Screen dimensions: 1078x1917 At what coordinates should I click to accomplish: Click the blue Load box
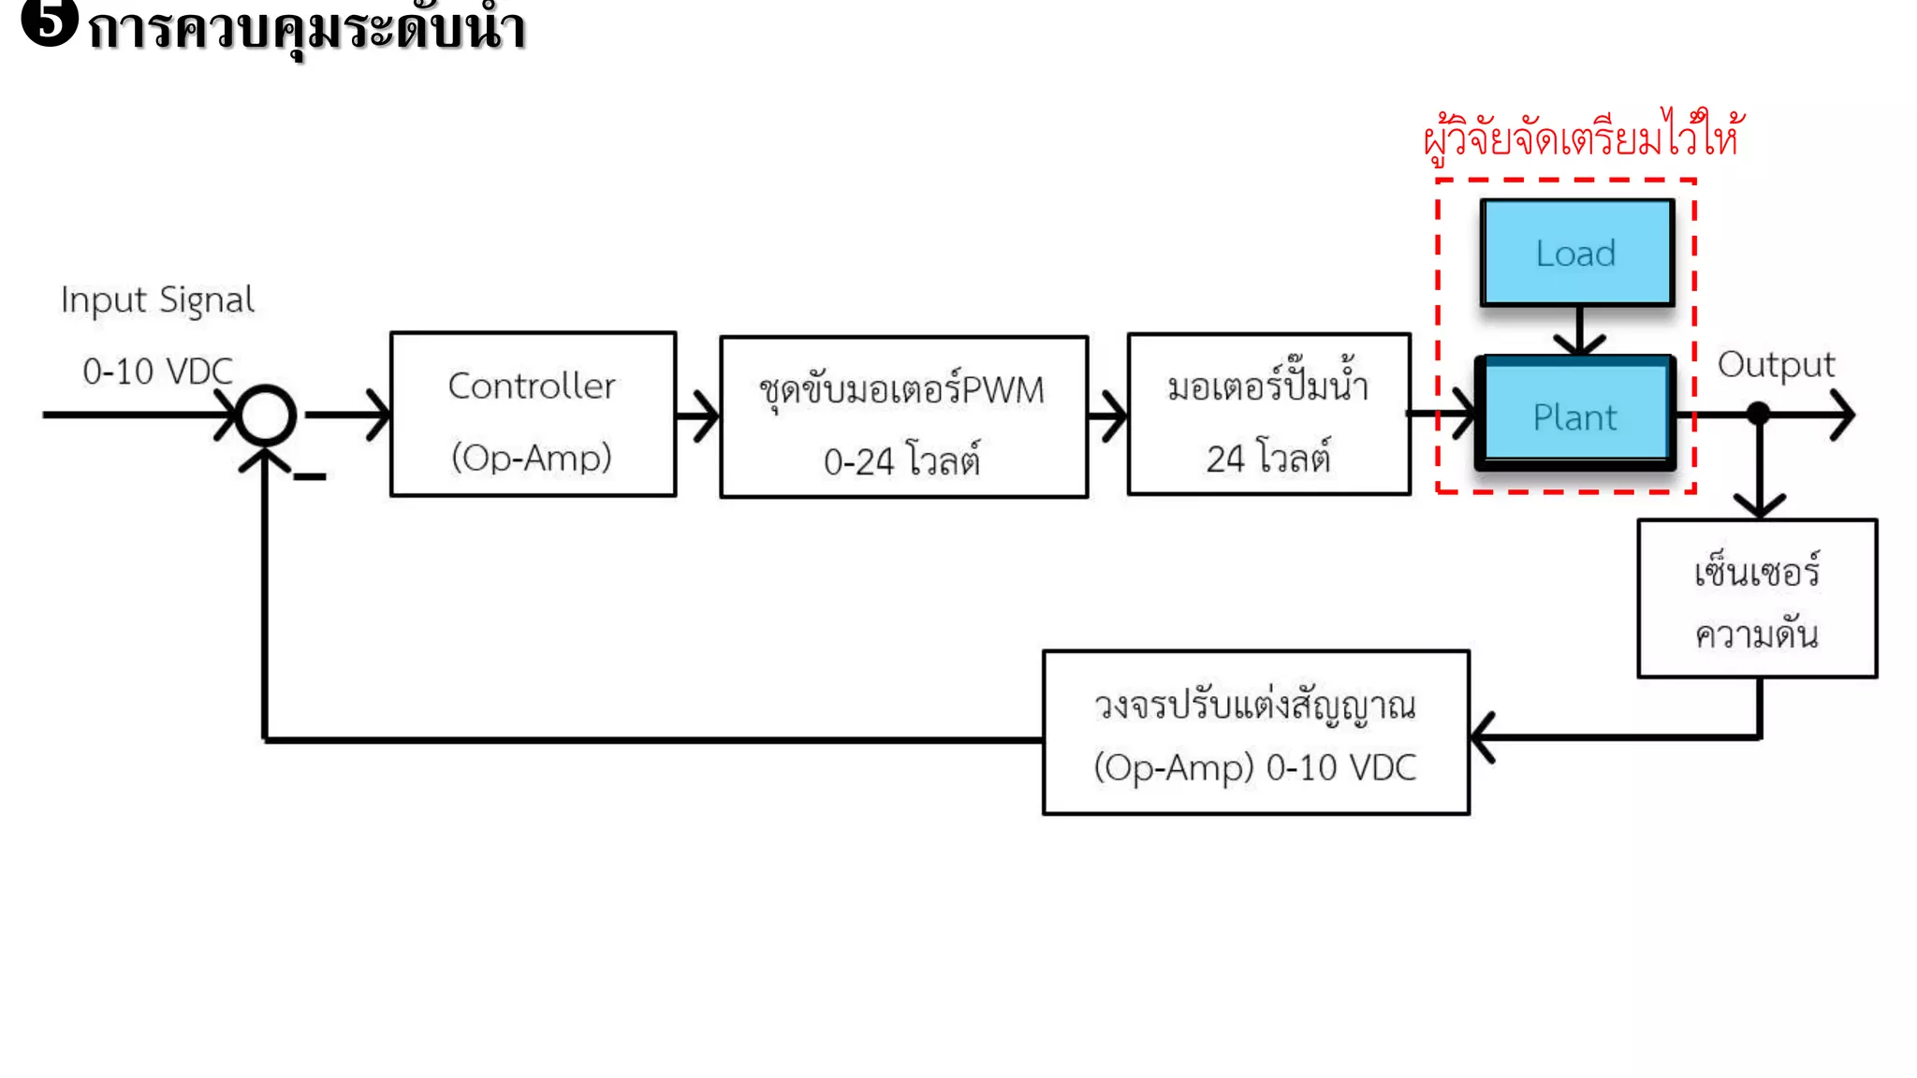[x=1576, y=253]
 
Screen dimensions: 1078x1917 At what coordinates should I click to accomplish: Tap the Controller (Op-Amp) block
[x=533, y=415]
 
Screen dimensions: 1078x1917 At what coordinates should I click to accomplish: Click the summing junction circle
[x=266, y=415]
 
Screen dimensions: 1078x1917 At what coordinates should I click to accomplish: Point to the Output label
[x=1776, y=365]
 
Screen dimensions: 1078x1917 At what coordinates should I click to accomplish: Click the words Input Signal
[x=157, y=300]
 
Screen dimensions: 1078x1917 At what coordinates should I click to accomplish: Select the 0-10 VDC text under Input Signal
[x=157, y=371]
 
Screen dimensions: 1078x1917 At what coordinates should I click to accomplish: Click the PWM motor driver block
[x=903, y=417]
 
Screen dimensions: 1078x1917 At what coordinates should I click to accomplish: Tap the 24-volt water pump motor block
[x=1268, y=415]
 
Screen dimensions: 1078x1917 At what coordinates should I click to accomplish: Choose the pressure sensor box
[x=1757, y=599]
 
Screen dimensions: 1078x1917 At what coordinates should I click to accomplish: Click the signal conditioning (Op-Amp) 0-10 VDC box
[x=1255, y=733]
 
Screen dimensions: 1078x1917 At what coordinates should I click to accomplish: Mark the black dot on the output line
[x=1759, y=414]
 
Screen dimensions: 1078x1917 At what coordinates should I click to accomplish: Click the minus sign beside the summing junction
[x=310, y=477]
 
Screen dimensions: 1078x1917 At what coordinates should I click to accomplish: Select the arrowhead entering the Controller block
[x=380, y=415]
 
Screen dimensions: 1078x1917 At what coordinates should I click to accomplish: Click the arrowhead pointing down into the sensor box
[x=1760, y=506]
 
